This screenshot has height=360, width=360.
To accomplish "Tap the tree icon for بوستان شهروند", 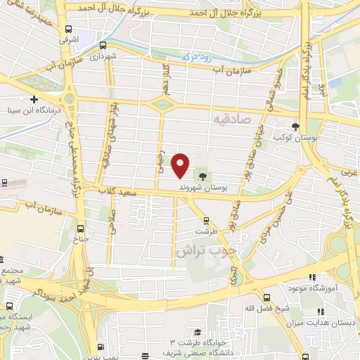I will pyautogui.click(x=203, y=176).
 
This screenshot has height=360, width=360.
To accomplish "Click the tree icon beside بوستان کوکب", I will pyautogui.click(x=296, y=127).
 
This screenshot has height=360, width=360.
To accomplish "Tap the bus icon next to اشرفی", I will pyautogui.click(x=68, y=29).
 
